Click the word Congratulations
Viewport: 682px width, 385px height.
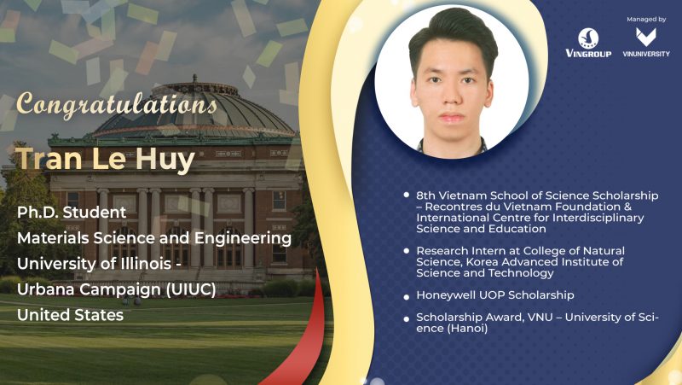117,104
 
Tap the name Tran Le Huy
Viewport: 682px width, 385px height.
105,160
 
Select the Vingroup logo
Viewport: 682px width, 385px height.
588,43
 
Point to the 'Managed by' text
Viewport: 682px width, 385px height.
646,19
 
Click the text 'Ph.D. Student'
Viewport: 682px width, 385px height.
72,213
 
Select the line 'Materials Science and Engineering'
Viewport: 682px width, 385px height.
154,238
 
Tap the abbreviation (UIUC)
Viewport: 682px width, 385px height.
191,289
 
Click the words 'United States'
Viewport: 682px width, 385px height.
71,315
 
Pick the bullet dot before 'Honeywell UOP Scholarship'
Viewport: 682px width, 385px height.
407,297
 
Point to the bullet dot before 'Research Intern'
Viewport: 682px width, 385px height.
407,251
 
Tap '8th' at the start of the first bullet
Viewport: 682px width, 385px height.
425,195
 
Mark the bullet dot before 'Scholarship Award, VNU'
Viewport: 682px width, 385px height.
407,318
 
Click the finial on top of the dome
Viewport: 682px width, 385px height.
194,79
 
